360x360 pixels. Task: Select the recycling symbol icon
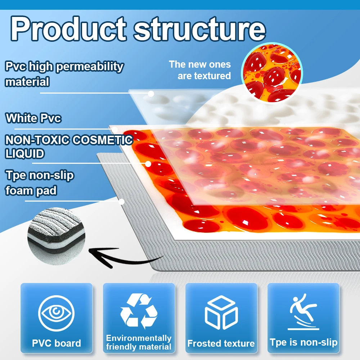[x=139, y=311]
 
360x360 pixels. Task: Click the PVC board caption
[x=57, y=343]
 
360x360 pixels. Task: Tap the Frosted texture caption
[x=221, y=343]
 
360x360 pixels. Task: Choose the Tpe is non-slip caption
[x=303, y=342]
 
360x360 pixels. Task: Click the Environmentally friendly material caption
[x=139, y=343]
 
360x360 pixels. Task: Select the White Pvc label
[x=33, y=118]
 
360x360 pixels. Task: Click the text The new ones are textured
[x=201, y=70]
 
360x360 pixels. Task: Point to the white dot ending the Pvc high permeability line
[x=151, y=94]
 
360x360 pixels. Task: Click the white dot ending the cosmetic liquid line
[x=148, y=164]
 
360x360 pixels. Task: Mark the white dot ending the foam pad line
[x=122, y=202]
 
